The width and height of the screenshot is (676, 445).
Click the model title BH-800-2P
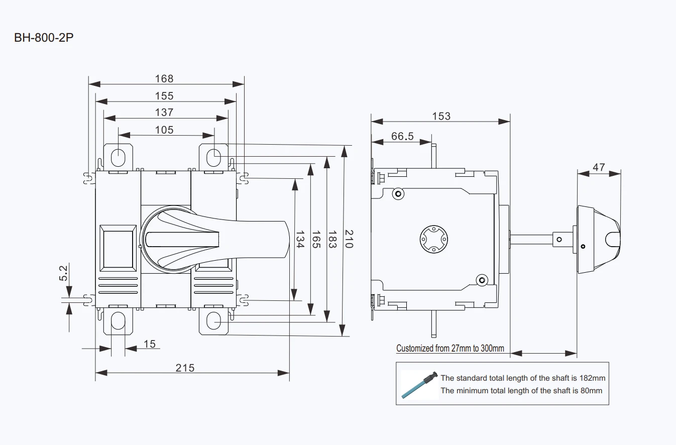tap(44, 38)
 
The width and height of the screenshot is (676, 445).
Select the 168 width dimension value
tap(164, 79)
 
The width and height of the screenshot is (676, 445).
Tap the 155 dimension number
tap(164, 96)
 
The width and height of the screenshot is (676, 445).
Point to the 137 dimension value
tap(164, 113)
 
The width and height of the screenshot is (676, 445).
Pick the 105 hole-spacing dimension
tap(164, 130)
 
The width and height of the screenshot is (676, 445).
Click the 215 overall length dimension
tap(185, 368)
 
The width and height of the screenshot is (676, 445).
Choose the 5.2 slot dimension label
tap(63, 273)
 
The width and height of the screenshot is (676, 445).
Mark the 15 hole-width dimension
tap(149, 344)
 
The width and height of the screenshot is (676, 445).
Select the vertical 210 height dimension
tap(349, 239)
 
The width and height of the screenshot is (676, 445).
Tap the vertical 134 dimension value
tap(300, 240)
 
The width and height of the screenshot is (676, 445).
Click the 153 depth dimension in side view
tap(441, 116)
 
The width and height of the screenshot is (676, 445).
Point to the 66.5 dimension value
tap(402, 136)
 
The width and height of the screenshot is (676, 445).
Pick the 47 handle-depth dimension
tap(599, 167)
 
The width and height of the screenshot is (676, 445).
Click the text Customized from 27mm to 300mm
tap(450, 349)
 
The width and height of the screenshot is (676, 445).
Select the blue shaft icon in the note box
tap(419, 385)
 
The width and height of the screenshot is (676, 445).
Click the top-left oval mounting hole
tap(118, 157)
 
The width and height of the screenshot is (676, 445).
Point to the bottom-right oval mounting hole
tap(213, 321)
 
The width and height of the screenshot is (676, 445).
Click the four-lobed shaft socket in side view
tap(433, 239)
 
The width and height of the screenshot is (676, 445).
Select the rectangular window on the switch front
tap(118, 248)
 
